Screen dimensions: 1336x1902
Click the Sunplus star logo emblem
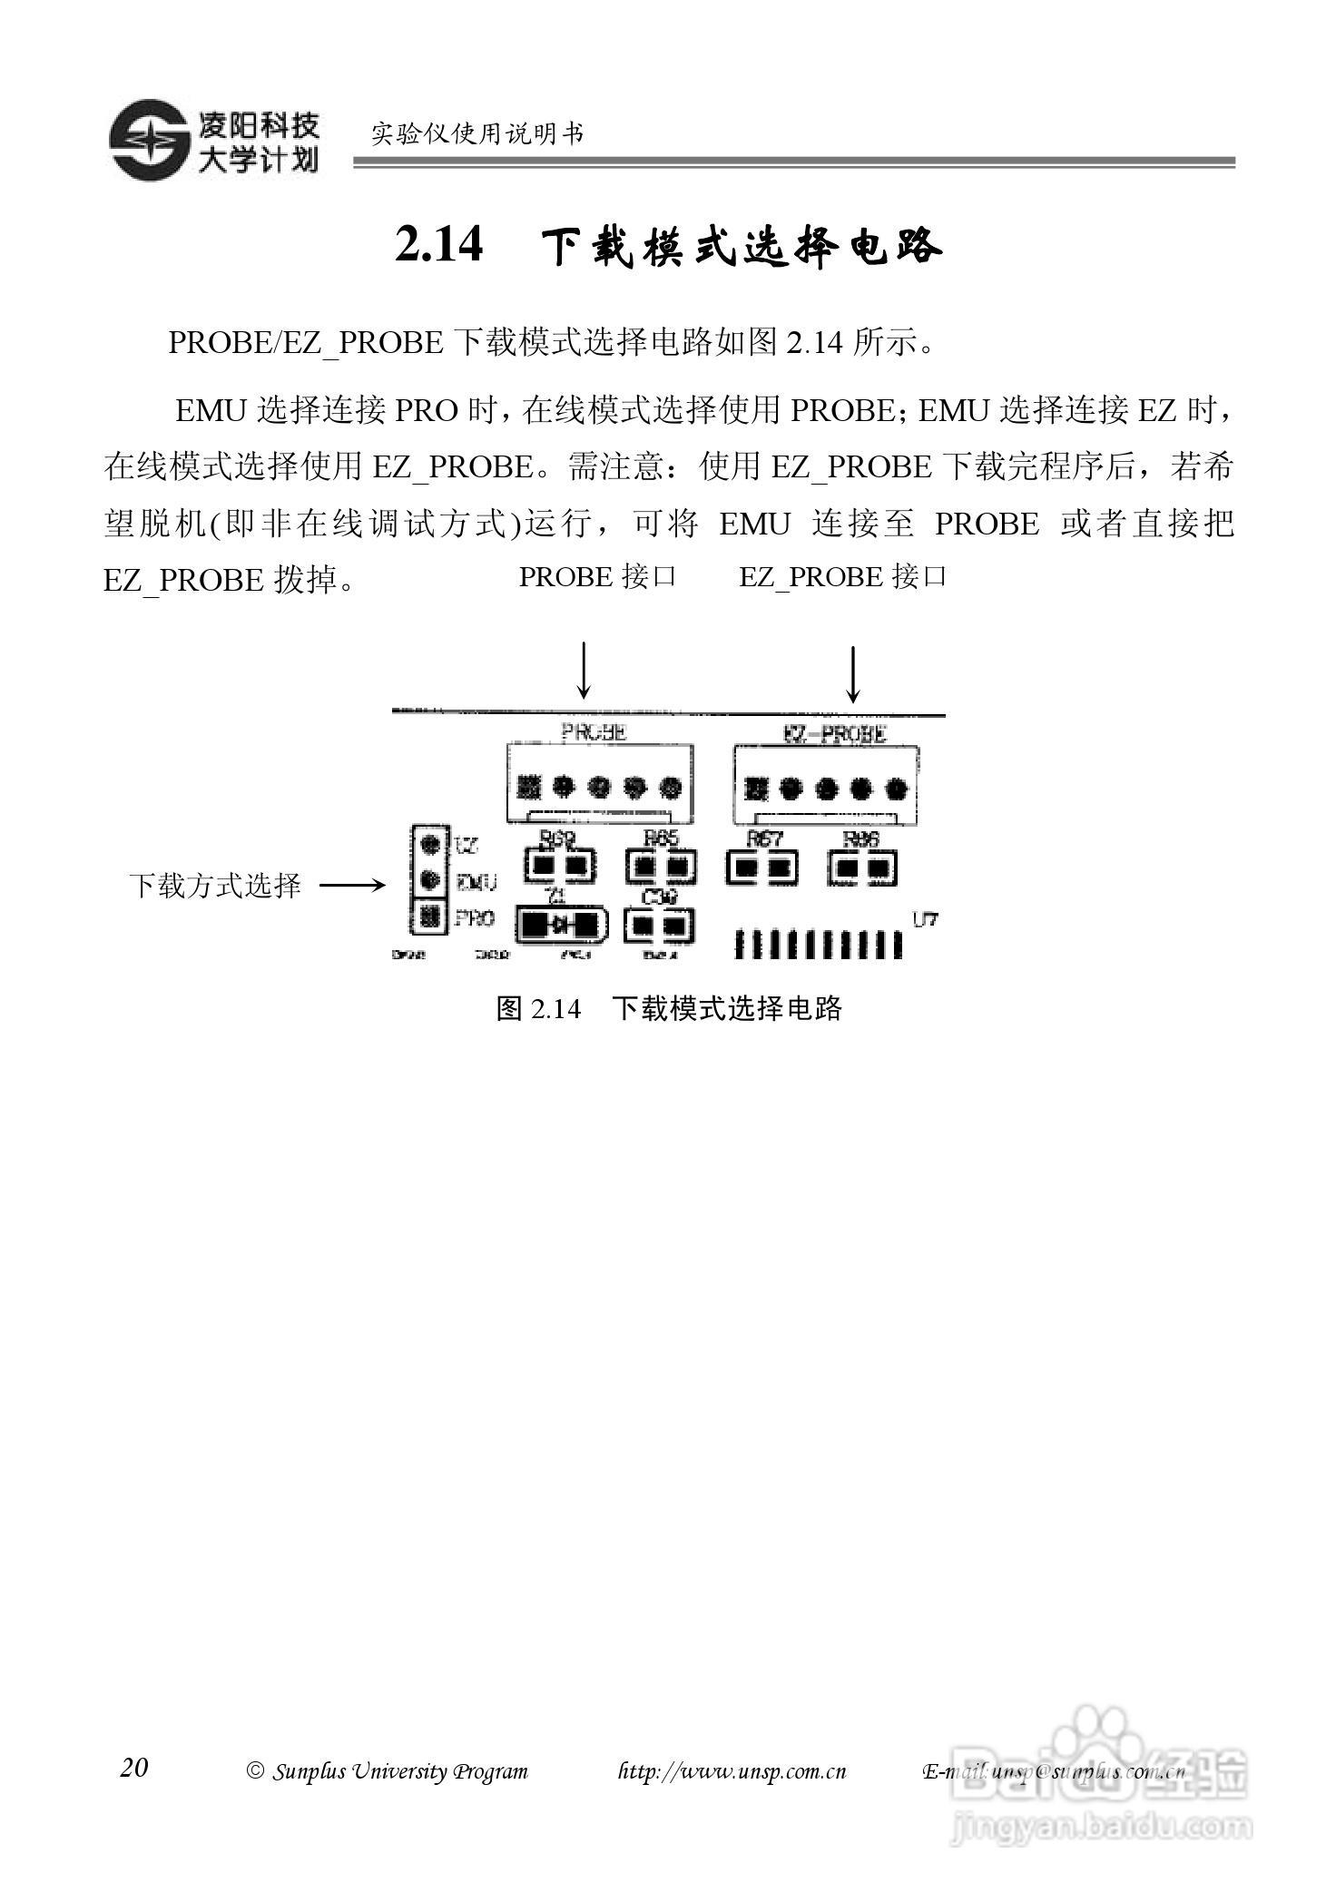pos(149,139)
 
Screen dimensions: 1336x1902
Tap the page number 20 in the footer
pos(133,1767)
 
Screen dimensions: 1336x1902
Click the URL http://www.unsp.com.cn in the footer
pos(732,1770)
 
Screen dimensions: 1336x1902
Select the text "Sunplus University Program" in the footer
pos(399,1770)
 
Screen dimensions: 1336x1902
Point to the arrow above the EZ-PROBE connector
pos(852,673)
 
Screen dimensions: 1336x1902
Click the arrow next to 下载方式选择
pos(352,885)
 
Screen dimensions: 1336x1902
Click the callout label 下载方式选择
pos(214,885)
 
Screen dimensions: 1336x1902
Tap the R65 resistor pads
pos(660,868)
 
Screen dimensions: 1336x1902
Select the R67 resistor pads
pos(761,868)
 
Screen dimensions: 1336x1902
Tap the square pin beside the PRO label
pos(431,917)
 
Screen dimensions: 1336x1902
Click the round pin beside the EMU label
pos(431,879)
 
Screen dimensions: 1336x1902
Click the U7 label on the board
pos(925,919)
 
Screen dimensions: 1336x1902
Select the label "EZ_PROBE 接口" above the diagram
pos(843,576)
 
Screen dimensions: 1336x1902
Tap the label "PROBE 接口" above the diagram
pos(597,576)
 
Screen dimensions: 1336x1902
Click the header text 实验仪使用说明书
pos(477,134)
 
